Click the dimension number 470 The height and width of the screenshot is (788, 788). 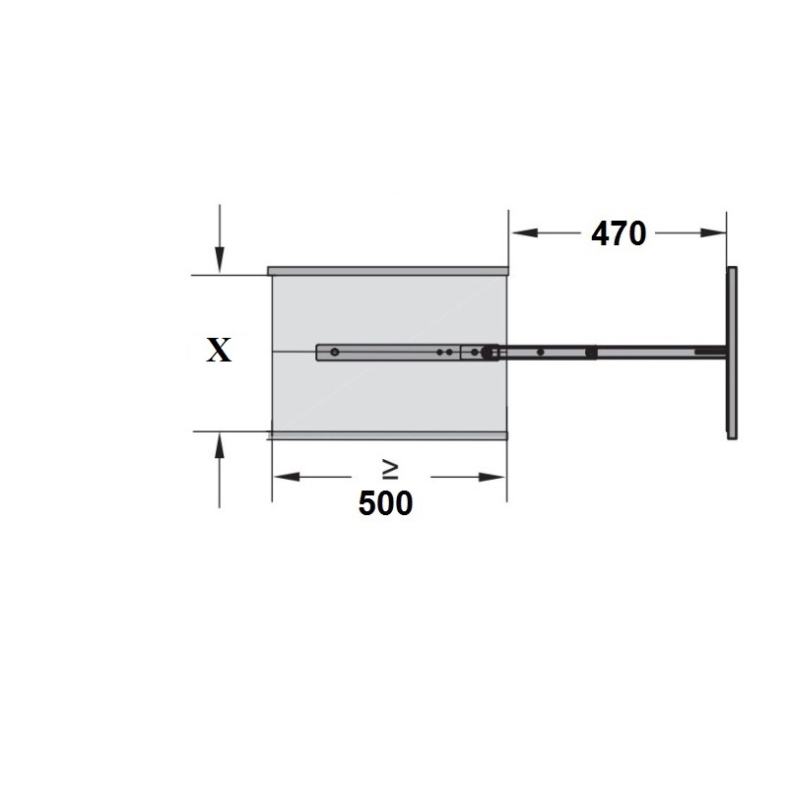tap(619, 233)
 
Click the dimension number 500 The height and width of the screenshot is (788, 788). tap(385, 503)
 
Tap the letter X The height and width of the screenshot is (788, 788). tap(219, 350)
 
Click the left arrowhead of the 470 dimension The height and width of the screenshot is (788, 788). tap(525, 232)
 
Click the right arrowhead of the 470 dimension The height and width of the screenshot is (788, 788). tap(713, 232)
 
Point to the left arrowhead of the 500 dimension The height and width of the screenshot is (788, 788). tap(287, 477)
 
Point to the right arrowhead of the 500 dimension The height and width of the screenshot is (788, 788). tap(492, 477)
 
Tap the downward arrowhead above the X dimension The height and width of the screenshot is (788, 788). tap(219, 260)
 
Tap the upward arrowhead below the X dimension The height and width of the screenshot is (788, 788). tap(219, 446)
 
